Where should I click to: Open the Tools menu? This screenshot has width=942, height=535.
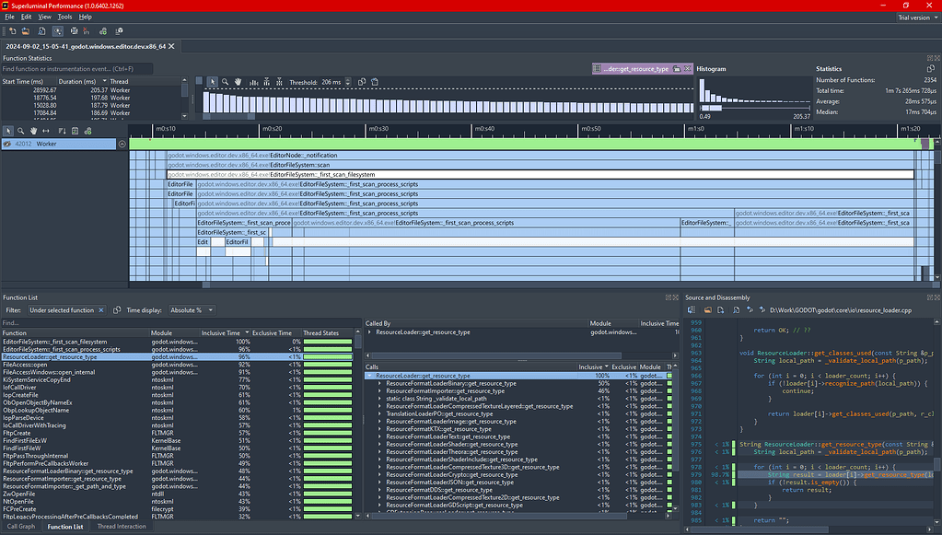point(64,17)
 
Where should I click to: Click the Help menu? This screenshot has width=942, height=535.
point(86,17)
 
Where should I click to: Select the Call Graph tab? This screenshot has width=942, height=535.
point(20,527)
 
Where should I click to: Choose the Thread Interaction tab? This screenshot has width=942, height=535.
point(122,527)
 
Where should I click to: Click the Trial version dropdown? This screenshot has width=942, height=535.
point(916,17)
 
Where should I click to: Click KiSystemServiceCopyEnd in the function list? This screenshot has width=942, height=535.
point(37,379)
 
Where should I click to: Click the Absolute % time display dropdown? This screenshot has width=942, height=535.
point(193,310)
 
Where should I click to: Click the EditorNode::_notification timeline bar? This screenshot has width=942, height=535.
point(304,155)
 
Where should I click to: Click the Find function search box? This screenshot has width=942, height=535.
point(74,68)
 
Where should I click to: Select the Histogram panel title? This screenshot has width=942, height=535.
point(712,68)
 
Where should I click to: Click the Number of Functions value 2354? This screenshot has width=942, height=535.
point(928,80)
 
